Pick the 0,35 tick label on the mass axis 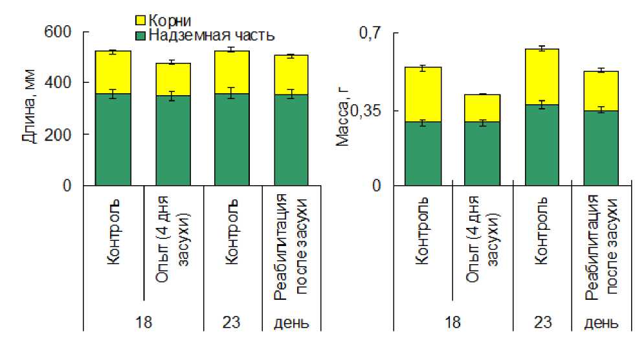tap(367, 111)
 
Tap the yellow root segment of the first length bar tap(113, 73)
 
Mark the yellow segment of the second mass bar tap(482, 108)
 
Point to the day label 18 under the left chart tap(143, 322)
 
